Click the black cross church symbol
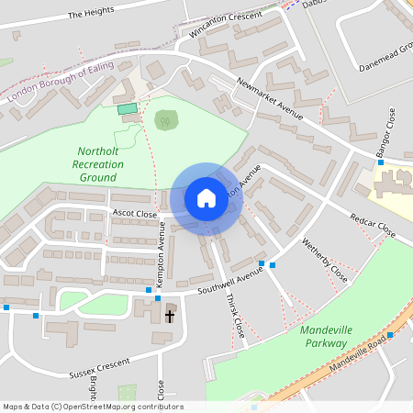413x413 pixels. click(x=169, y=316)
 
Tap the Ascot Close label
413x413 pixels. click(x=135, y=212)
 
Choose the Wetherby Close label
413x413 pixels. click(x=325, y=262)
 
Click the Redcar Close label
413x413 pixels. click(x=372, y=225)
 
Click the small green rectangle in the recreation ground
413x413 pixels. click(x=127, y=109)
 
